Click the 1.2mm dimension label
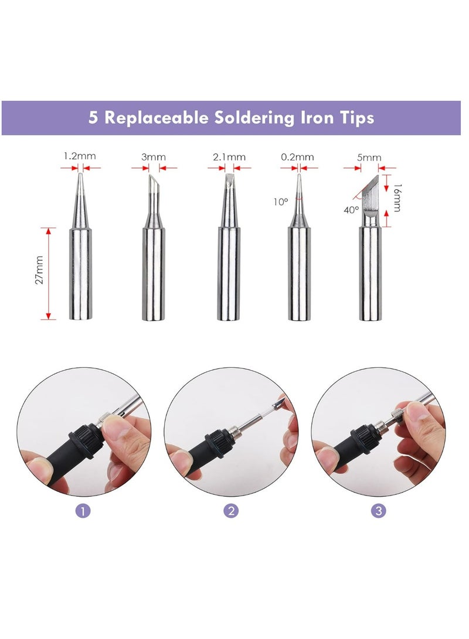[79, 156]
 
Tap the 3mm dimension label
[154, 157]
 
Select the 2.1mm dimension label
[229, 157]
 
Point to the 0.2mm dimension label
[297, 157]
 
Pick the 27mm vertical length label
[39, 269]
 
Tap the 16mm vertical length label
[397, 199]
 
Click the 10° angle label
[281, 202]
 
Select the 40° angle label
[351, 209]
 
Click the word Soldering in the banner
[257, 118]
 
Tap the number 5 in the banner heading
[93, 118]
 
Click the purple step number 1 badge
[83, 511]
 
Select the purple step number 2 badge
[232, 511]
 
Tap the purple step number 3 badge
[379, 511]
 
